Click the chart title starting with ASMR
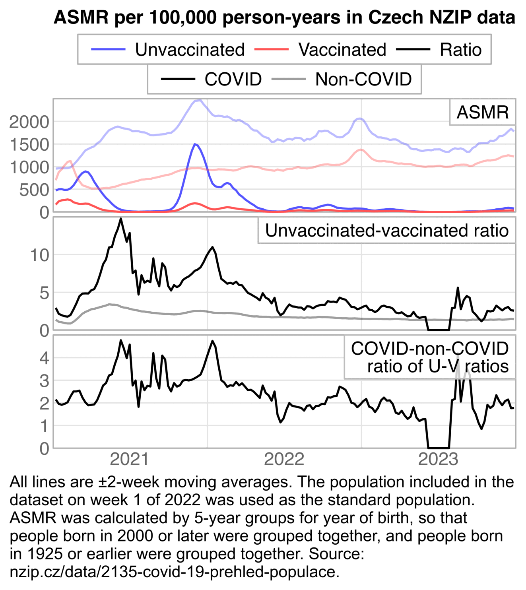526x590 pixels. pyautogui.click(x=284, y=17)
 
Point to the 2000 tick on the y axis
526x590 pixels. pyautogui.click(x=29, y=122)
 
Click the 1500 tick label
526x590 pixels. pyautogui.click(x=29, y=145)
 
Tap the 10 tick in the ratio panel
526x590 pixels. pyautogui.click(x=40, y=255)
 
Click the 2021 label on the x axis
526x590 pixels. pyautogui.click(x=129, y=459)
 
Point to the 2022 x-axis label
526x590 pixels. pyautogui.click(x=284, y=459)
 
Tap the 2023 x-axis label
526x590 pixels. pyautogui.click(x=438, y=459)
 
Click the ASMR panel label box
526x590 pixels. pyautogui.click(x=482, y=113)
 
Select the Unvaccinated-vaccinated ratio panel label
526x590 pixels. pyautogui.click(x=386, y=231)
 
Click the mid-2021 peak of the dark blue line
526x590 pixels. pyautogui.click(x=194, y=144)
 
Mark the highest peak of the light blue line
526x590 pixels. pyautogui.click(x=199, y=100)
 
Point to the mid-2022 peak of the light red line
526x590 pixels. pyautogui.click(x=360, y=149)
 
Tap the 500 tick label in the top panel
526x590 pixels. pyautogui.click(x=34, y=190)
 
